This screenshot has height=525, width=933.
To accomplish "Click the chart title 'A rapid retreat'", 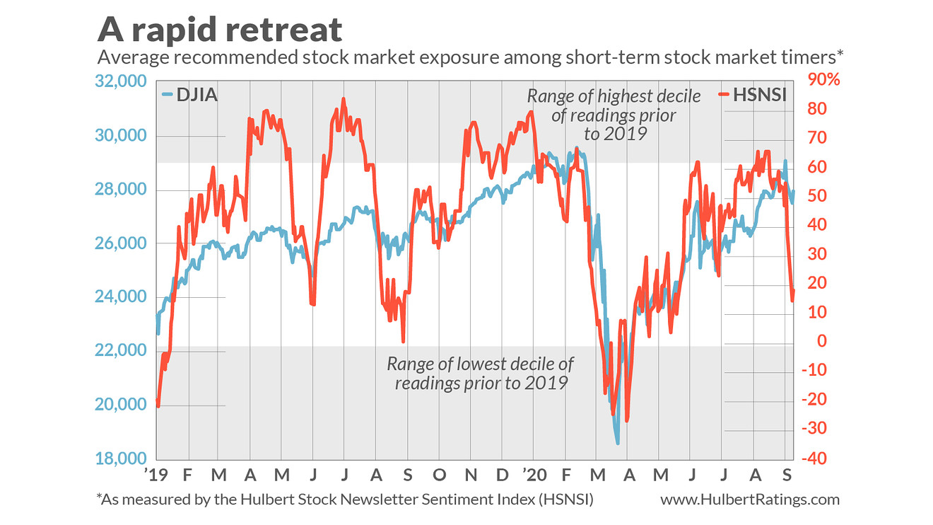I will tap(220, 29).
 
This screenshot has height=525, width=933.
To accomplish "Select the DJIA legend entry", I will tap(188, 94).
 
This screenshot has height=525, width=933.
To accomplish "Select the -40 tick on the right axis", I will tap(814, 458).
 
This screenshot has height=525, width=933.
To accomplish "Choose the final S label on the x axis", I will tap(785, 472).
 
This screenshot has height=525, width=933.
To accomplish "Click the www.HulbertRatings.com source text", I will tap(750, 500).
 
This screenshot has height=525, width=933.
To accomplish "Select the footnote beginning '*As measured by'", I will tap(344, 500).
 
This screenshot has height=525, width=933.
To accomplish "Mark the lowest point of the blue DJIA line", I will tap(618, 443).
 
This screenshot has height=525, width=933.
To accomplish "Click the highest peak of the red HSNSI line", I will tap(344, 99).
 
